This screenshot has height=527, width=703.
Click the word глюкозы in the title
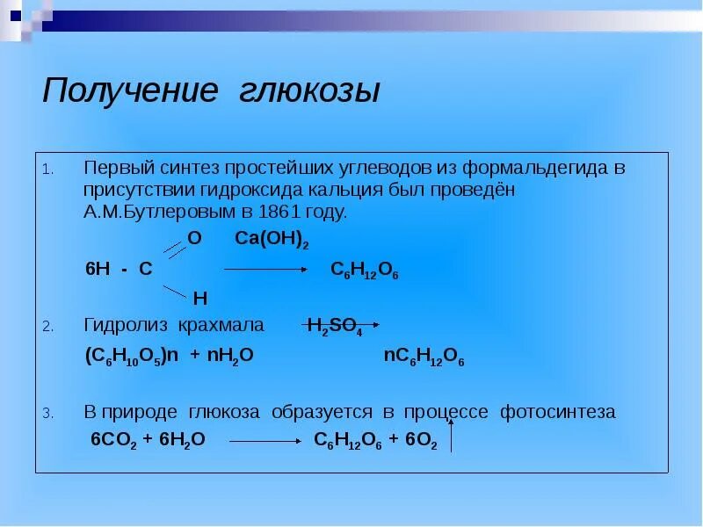point(310,90)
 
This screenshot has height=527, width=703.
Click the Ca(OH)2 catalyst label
point(272,240)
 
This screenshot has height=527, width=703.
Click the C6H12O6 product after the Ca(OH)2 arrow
point(365,271)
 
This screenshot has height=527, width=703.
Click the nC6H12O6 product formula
point(424,357)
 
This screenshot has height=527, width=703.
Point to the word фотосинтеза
point(558,411)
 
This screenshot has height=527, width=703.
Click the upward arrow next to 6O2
point(451,435)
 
